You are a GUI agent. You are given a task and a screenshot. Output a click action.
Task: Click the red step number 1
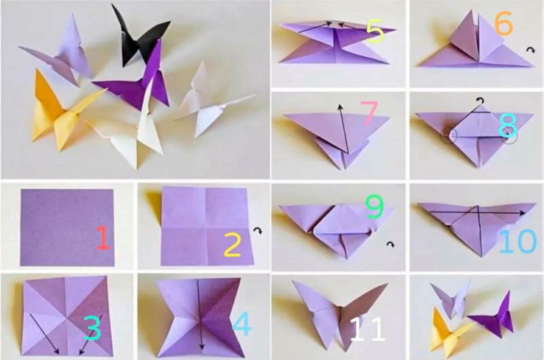coord(103,238)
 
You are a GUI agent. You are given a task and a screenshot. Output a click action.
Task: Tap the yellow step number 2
coord(233,244)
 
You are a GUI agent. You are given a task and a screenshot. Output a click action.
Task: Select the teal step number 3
coord(92,328)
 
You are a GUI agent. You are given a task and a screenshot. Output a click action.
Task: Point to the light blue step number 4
coord(242,324)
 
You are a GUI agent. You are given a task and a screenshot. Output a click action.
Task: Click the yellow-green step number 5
coord(375,31)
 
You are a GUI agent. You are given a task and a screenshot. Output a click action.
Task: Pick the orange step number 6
coord(503,24)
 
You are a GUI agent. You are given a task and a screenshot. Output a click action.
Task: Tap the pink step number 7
coord(369,112)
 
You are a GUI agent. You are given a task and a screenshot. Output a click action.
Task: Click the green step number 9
coord(375,207)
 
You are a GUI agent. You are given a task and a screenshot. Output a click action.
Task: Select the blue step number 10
coord(517,241)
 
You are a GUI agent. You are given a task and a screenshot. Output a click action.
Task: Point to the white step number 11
coord(367,329)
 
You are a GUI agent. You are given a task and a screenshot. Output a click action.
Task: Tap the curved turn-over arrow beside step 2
coord(258,231)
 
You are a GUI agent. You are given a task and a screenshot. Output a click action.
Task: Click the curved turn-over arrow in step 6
coord(530,50)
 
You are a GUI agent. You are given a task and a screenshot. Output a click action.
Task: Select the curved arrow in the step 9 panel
coord(390,244)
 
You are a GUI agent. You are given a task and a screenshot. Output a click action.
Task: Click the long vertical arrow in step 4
coord(200,315)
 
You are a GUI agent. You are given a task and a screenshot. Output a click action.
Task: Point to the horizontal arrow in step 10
coord(477,212)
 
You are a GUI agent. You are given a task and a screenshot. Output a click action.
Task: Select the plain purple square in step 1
coord(67,228)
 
